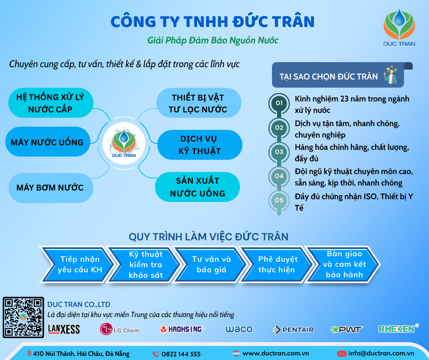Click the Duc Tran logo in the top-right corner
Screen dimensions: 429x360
tap(399, 27)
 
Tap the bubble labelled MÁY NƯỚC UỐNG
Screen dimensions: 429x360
tap(48, 142)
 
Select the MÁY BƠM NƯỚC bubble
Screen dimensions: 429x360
tap(51, 188)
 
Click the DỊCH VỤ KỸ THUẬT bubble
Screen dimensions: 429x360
tap(200, 145)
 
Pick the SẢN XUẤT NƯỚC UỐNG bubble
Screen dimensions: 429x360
tap(198, 187)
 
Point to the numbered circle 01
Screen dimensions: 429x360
tap(279, 103)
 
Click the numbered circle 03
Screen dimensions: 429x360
tap(279, 152)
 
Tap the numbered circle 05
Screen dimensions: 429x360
tap(279, 200)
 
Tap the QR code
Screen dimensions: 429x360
tap(23, 317)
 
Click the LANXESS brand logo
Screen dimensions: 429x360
tap(64, 329)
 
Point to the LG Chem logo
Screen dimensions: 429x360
tap(120, 329)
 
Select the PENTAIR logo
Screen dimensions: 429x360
tap(293, 329)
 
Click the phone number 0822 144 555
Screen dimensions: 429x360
tap(181, 354)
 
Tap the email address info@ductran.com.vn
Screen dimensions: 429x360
tap(381, 354)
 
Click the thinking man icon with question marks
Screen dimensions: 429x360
tap(391, 75)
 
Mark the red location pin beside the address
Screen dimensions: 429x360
tap(29, 354)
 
